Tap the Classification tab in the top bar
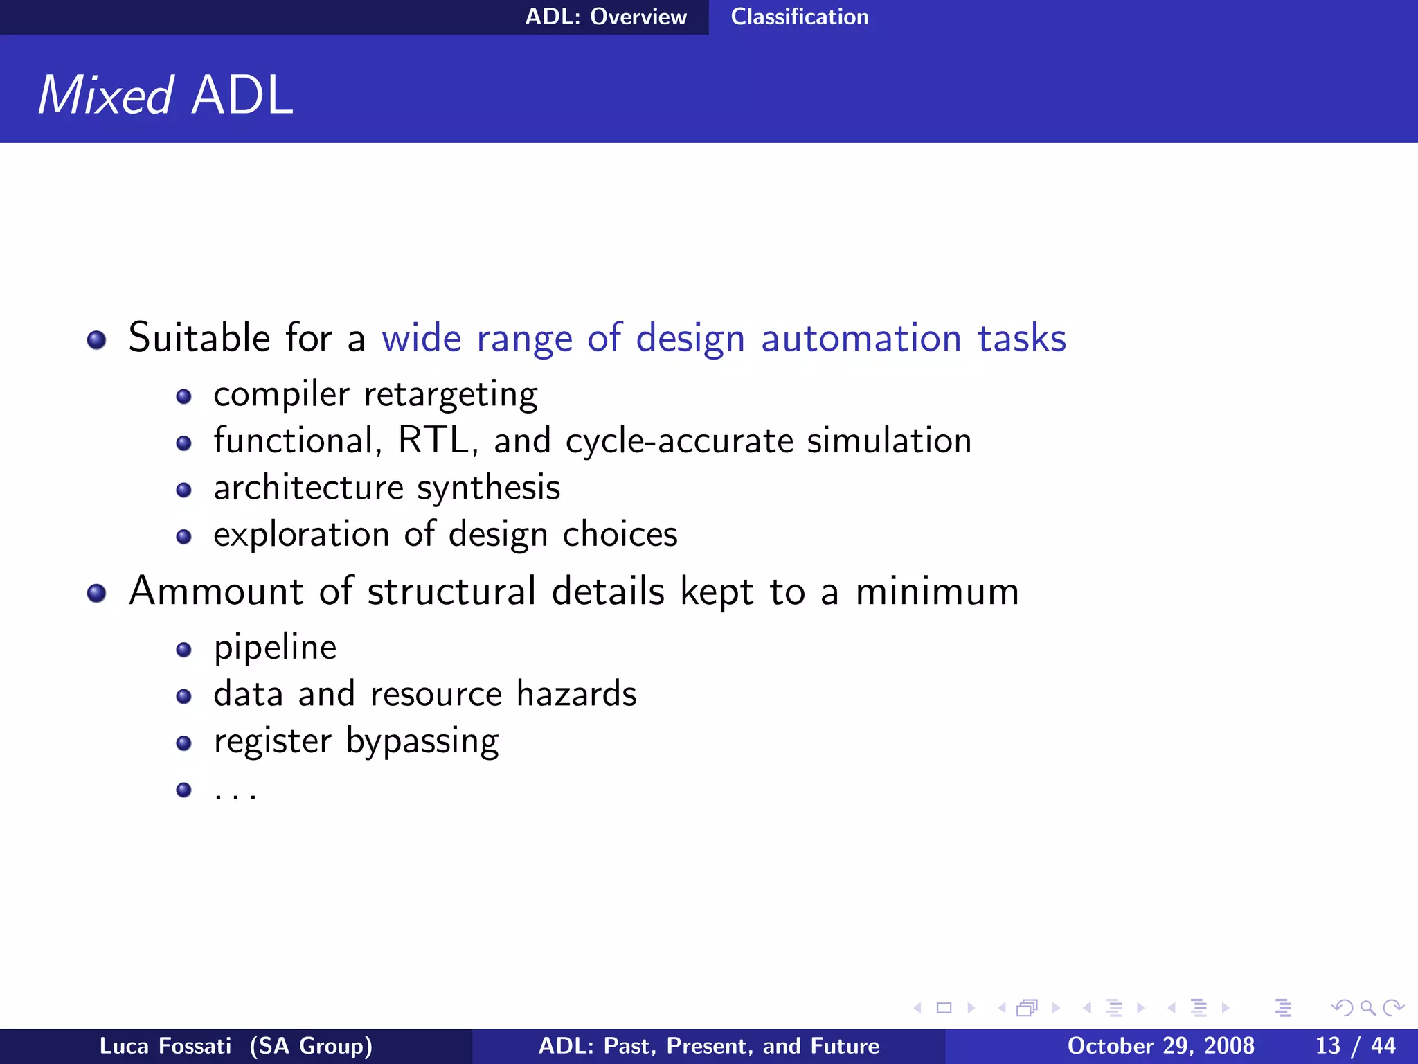799,17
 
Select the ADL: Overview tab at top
606,17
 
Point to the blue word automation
861,338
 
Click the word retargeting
450,395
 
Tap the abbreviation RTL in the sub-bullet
432,441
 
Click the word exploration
301,535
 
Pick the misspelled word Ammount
216,592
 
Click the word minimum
937,592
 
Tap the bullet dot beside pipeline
183,650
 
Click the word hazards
576,694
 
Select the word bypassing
422,741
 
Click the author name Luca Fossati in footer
165,1046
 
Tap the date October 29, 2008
1160,1046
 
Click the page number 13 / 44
1355,1046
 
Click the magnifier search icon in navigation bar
1367,1008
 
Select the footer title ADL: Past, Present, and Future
708,1046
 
